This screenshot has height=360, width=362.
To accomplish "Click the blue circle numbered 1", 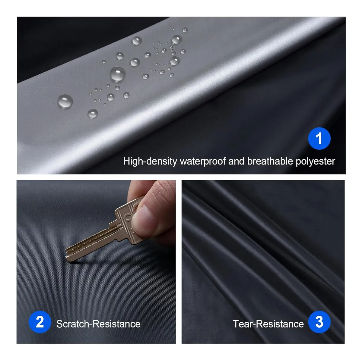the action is [x=319, y=139].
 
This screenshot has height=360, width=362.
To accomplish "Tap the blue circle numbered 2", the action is [x=40, y=322].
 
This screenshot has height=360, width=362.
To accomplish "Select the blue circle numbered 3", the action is [x=319, y=322].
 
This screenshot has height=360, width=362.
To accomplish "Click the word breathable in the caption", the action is [x=270, y=161].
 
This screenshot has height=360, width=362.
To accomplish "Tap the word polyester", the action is [x=316, y=162].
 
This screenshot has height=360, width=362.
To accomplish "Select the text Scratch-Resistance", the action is [x=98, y=324].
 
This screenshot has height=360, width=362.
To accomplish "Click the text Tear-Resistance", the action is [x=268, y=324].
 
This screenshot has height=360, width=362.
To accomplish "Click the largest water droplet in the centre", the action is [x=118, y=74].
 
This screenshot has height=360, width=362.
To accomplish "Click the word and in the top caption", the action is [x=236, y=161].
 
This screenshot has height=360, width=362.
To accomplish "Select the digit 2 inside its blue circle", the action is [x=40, y=322].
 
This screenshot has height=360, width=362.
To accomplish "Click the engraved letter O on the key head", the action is [x=129, y=217].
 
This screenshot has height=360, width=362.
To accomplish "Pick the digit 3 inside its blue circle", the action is [x=319, y=322].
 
